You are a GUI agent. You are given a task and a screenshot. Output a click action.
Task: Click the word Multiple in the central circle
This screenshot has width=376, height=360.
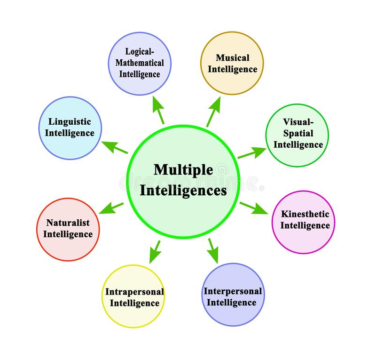pos(183,170)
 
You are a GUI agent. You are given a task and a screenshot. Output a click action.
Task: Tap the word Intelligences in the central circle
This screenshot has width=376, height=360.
pos(183,191)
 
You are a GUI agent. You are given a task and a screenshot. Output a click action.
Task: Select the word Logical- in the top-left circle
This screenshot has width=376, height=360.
pos(140,52)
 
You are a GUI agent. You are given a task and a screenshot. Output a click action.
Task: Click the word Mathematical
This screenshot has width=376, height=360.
pos(140,63)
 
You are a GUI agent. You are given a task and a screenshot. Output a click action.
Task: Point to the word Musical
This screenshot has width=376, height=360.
pos(233,58)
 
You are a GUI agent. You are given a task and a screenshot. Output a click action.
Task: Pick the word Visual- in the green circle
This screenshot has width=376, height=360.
pos(298,122)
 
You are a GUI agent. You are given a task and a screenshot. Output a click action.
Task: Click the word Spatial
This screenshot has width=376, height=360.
pos(298,133)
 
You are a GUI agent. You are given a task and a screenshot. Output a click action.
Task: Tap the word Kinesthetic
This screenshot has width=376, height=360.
pos(305,214)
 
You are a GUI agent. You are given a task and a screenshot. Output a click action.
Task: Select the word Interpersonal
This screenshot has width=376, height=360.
pos(233,291)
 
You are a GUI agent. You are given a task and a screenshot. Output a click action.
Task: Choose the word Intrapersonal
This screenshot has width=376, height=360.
pos(134,292)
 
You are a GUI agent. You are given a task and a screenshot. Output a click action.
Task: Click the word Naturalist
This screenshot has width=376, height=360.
pos(68,223)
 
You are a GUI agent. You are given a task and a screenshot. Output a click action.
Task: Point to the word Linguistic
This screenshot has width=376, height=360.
pos(70,122)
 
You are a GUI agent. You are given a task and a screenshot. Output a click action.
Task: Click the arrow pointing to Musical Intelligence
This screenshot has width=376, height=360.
pos(214,112)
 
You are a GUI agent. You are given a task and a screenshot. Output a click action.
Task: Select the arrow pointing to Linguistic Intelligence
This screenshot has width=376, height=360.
pos(115,147)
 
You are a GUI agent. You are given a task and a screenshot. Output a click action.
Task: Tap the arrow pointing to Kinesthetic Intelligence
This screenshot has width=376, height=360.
pos(253,208)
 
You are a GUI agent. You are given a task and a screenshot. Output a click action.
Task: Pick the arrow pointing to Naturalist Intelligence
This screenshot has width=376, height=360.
pos(111,208)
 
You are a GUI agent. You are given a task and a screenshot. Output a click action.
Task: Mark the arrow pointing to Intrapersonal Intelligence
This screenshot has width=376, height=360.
pos(155,252)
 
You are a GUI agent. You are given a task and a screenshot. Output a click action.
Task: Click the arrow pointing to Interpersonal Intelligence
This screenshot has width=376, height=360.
pos(213,251)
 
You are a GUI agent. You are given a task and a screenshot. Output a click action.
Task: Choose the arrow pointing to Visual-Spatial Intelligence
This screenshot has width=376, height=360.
pos(252,153)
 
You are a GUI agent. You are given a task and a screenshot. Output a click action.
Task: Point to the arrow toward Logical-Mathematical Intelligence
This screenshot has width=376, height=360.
pos(158,110)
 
